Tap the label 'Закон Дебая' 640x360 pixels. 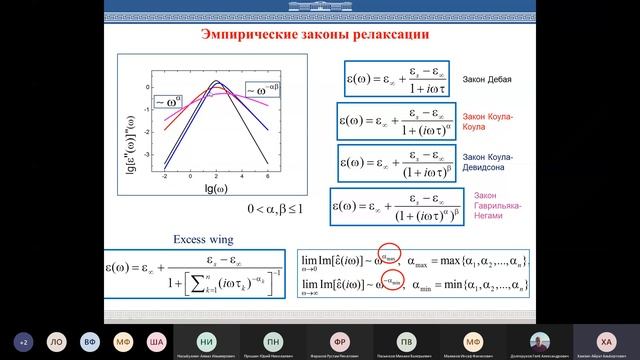tap(487, 78)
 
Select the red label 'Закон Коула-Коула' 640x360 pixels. tap(487, 119)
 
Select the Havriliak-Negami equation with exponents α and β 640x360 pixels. tap(394, 207)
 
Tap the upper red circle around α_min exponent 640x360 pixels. tap(392, 257)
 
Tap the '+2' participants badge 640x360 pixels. tap(23, 340)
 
